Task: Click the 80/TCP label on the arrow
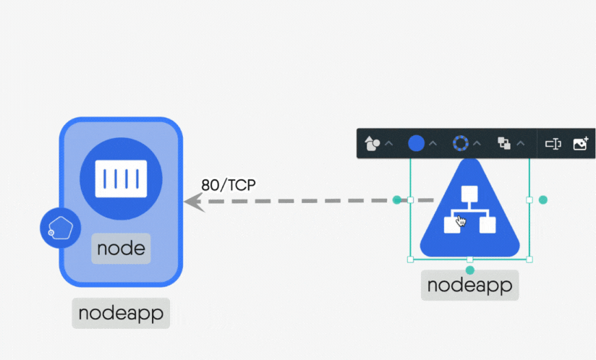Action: [x=229, y=184]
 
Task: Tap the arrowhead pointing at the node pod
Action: [x=193, y=201]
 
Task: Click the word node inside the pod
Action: [x=121, y=249]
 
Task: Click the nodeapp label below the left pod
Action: [x=120, y=314]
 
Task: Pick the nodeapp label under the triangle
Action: [x=469, y=285]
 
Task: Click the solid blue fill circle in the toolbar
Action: [x=417, y=143]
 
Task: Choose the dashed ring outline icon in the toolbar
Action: [x=461, y=143]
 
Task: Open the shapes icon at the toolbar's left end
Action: [x=372, y=143]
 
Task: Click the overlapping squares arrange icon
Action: [x=504, y=143]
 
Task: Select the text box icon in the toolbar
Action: [x=553, y=143]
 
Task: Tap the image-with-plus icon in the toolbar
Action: [x=580, y=143]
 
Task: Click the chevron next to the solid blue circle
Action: [x=433, y=143]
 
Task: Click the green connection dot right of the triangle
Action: [x=543, y=200]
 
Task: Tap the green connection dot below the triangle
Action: [x=470, y=270]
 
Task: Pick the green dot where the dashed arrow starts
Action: [x=397, y=200]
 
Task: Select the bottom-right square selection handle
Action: [x=529, y=259]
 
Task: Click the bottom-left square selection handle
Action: [x=411, y=259]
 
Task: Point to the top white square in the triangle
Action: [x=470, y=194]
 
